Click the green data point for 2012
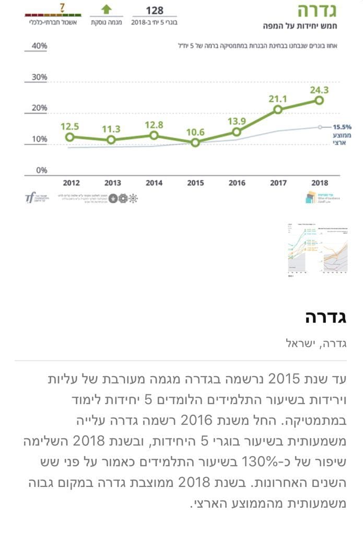pos(69,137)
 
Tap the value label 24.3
pos(319,90)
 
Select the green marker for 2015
pos(195,143)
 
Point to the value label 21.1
pos(278,99)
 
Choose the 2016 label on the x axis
pos(237,183)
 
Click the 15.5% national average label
pos(342,126)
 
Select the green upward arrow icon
pos(106,10)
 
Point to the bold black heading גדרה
pos(333,317)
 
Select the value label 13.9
pos(237,121)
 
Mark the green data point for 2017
pos(278,109)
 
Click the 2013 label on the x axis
pos(112,183)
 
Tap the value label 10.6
pos(195,132)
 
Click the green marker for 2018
pos(319,100)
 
